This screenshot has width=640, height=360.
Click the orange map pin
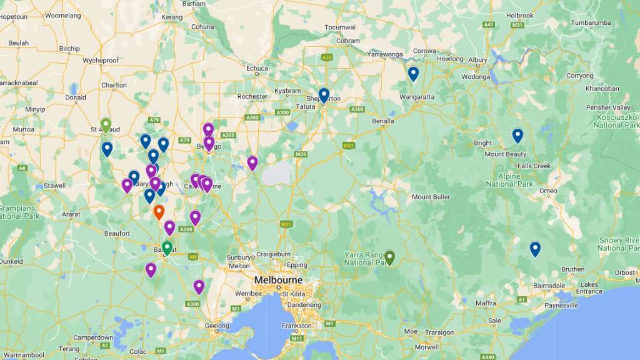(x=159, y=212)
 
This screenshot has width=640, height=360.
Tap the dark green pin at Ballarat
(x=167, y=247)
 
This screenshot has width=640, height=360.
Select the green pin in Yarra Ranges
(x=390, y=257)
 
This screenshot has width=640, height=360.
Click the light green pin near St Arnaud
(x=106, y=125)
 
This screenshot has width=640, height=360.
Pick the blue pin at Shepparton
(x=324, y=94)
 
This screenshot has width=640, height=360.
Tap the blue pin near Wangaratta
(x=413, y=74)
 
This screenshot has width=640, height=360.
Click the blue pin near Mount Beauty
(x=517, y=135)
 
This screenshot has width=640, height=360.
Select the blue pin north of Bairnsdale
(x=535, y=249)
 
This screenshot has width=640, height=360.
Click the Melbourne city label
(x=278, y=280)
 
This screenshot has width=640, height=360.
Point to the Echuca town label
(x=257, y=69)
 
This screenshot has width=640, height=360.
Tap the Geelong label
(x=217, y=326)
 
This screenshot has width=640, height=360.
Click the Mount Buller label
(x=431, y=197)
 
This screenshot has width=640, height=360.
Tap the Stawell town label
(x=54, y=186)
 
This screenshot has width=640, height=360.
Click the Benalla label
(x=382, y=121)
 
